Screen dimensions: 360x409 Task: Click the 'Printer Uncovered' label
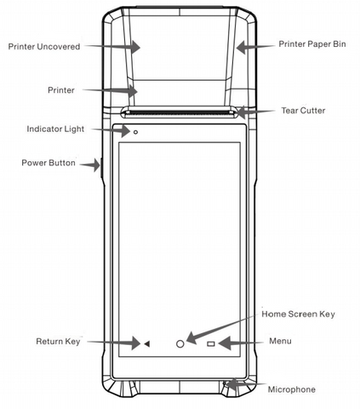tap(44, 47)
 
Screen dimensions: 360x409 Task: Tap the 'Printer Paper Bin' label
tap(312, 44)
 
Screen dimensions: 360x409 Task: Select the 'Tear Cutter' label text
tap(303, 111)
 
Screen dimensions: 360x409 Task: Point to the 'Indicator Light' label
tap(55, 129)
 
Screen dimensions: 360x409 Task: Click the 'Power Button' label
tap(49, 163)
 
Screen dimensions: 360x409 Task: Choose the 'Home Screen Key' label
tap(298, 314)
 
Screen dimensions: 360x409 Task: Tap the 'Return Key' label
tap(58, 341)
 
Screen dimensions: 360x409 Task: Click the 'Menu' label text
tap(280, 341)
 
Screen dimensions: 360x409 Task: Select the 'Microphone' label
tap(291, 389)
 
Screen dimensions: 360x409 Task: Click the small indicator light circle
tap(135, 132)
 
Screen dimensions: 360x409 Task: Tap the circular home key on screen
tap(180, 344)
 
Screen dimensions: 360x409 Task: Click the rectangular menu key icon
tap(211, 344)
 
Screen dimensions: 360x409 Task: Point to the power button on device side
tap(100, 168)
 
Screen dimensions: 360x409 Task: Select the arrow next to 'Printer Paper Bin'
tap(255, 47)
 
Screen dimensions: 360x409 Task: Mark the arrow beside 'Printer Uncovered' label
tap(112, 46)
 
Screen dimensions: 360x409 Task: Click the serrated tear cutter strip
tap(180, 113)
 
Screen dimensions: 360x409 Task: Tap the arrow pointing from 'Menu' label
tap(241, 343)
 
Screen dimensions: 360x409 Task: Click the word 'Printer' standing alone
tap(61, 90)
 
